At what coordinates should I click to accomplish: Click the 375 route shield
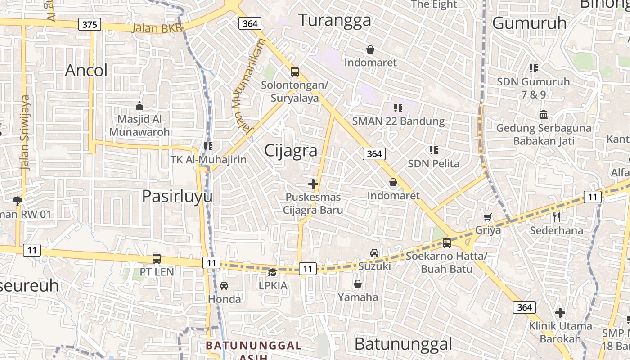(90, 24)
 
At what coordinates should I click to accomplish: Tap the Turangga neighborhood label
(335, 20)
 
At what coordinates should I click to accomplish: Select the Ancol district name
(86, 71)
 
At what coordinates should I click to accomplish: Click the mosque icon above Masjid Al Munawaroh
(139, 106)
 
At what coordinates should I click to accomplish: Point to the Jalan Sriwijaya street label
(25, 132)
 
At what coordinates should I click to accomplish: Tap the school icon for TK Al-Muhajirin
(208, 146)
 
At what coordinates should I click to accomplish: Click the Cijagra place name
(291, 150)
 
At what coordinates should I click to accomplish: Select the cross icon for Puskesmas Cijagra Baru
(313, 184)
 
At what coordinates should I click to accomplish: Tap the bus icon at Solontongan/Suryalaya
(295, 72)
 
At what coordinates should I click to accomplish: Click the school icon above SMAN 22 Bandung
(398, 108)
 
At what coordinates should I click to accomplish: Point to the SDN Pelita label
(433, 163)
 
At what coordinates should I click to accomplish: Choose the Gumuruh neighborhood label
(529, 23)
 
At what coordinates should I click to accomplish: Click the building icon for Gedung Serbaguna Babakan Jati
(544, 115)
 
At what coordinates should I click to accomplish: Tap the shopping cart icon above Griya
(488, 217)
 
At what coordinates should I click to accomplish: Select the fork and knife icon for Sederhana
(557, 217)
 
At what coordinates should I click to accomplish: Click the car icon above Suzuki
(374, 253)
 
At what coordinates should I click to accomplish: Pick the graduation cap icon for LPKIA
(273, 272)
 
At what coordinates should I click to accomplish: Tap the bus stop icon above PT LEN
(157, 259)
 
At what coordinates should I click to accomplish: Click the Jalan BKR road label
(157, 28)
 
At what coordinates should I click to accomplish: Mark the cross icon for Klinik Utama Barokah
(560, 312)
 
